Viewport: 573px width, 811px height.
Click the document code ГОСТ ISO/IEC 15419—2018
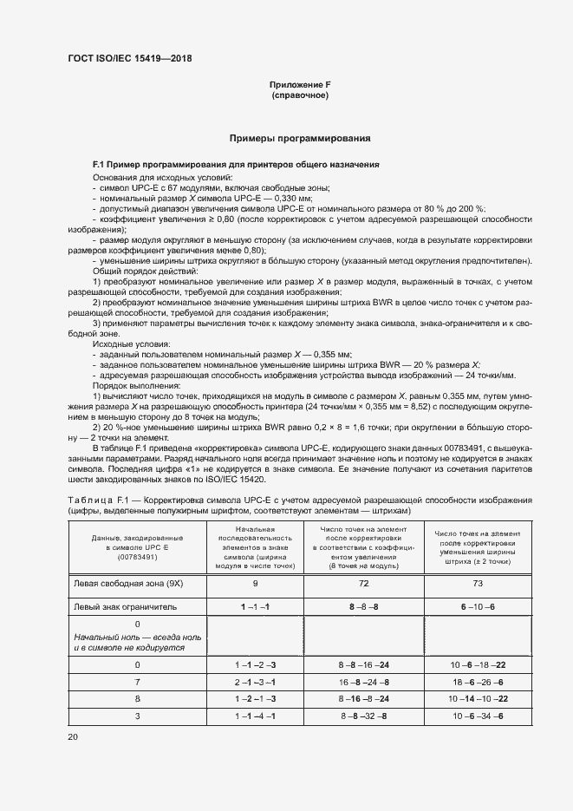(129, 59)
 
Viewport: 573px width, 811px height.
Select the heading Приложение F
(300, 84)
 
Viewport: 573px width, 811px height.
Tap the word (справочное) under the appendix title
(300, 95)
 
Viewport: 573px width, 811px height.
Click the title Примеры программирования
(300, 138)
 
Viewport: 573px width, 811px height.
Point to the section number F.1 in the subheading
(100, 164)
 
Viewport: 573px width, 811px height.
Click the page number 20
(73, 736)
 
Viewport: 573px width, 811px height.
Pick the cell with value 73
(479, 584)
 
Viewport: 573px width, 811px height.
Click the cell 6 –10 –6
(479, 606)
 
